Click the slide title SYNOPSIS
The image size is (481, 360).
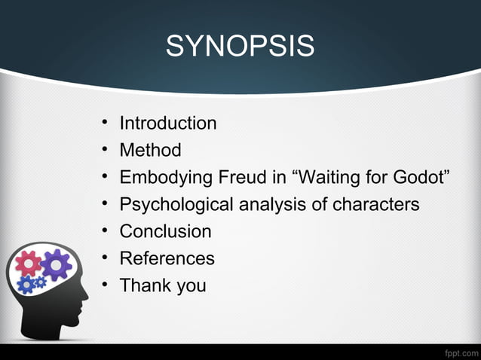[240, 47]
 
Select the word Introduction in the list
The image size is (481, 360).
[168, 123]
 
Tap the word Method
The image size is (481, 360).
[150, 150]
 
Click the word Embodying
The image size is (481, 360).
[165, 178]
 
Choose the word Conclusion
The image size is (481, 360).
[165, 231]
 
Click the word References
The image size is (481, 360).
[167, 258]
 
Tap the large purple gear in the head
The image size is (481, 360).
[56, 264]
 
